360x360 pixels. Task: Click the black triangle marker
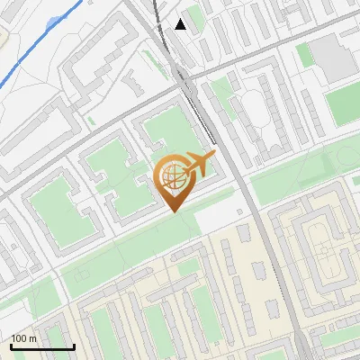coord(181,24)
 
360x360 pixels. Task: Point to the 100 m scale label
coord(23,338)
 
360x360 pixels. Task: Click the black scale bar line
coord(41,346)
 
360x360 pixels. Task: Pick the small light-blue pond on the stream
coord(56,21)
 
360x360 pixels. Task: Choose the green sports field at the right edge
coord(344,103)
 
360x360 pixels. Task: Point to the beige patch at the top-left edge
coord(4,36)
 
